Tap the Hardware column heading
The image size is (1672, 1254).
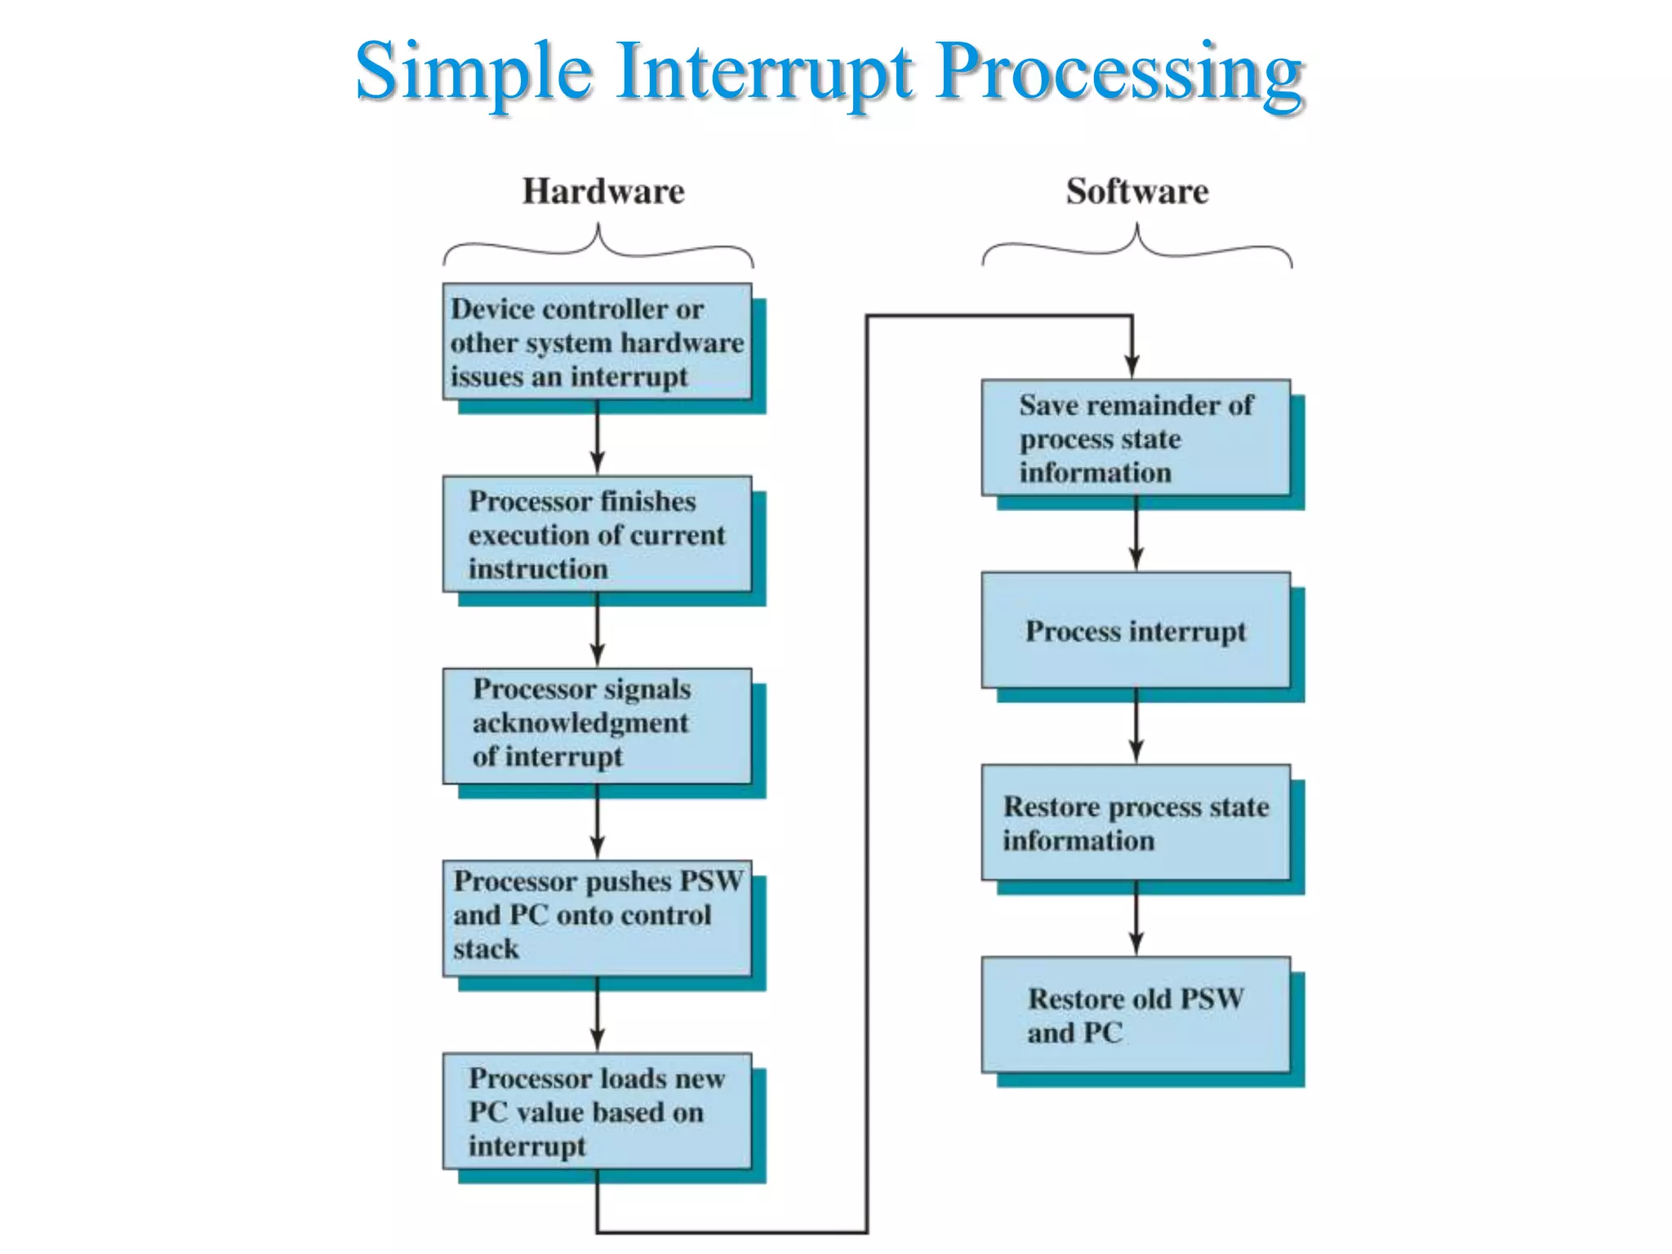click(603, 192)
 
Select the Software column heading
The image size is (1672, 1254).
click(1136, 192)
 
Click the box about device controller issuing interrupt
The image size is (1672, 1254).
click(597, 342)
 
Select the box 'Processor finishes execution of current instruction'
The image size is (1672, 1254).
click(597, 535)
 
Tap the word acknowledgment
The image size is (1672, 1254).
click(580, 723)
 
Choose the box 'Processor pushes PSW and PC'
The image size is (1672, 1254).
click(597, 918)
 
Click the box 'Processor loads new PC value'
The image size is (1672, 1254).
click(597, 1111)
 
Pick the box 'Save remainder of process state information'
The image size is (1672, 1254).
click(1136, 438)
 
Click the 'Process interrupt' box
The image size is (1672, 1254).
click(1136, 630)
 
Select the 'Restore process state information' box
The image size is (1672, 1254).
click(1136, 823)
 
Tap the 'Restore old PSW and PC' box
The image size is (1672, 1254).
click(1136, 1015)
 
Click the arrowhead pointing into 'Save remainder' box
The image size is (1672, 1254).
click(1132, 367)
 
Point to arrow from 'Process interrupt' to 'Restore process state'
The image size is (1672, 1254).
click(1136, 727)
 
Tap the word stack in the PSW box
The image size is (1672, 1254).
click(486, 949)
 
